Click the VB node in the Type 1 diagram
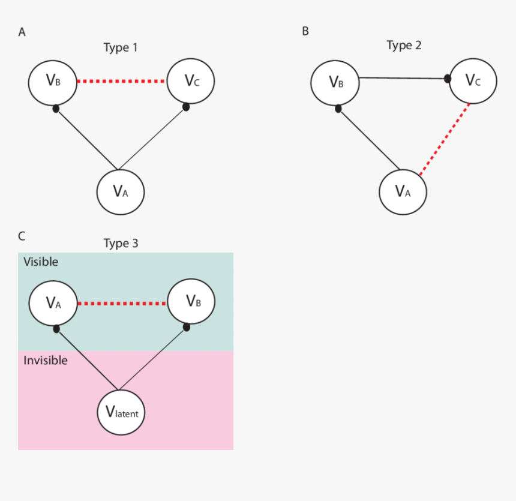[x=53, y=81]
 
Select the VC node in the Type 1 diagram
[x=191, y=80]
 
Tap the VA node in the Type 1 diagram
[x=121, y=192]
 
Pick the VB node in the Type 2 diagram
[x=335, y=82]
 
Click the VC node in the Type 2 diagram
[x=473, y=80]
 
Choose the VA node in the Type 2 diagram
[x=403, y=192]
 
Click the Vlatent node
[x=122, y=412]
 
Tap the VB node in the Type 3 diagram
[x=191, y=303]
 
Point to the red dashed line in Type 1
[x=122, y=81]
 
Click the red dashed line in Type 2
[x=445, y=139]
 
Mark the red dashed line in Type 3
[x=122, y=304]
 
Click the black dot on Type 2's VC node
[x=447, y=79]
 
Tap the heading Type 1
[x=121, y=48]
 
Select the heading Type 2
[x=403, y=46]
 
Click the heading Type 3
[x=121, y=244]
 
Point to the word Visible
[x=41, y=262]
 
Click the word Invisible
[x=46, y=361]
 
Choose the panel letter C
[x=22, y=236]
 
